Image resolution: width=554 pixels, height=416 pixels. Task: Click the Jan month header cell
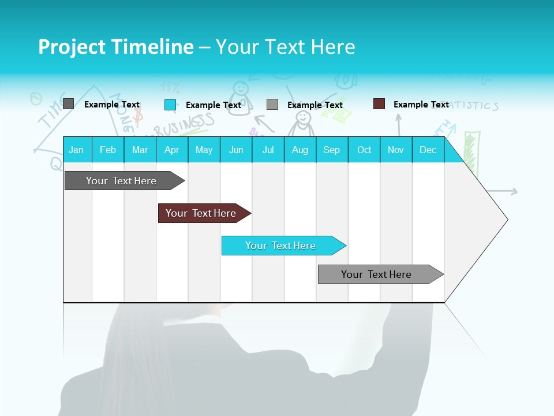click(77, 150)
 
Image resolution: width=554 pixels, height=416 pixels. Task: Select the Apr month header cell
click(172, 150)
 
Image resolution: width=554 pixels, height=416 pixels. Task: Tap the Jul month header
click(268, 150)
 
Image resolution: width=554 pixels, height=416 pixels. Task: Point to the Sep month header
click(331, 150)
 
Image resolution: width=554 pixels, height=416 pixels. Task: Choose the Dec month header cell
click(428, 150)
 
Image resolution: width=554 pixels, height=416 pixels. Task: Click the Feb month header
click(108, 150)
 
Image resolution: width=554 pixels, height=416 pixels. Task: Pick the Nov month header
click(395, 150)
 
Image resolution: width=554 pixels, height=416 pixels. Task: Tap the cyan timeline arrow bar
click(281, 246)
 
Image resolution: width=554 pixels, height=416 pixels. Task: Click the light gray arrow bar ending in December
click(378, 274)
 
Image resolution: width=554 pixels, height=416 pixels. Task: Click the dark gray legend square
click(68, 104)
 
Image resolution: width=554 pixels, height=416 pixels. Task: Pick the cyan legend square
click(170, 105)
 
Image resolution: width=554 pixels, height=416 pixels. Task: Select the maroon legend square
click(379, 104)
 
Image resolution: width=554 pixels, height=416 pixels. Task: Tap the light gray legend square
click(272, 105)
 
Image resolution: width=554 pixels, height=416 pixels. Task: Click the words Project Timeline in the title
click(115, 47)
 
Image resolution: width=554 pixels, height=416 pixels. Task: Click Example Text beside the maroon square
click(421, 105)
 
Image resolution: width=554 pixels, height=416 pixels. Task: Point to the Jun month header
click(236, 150)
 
